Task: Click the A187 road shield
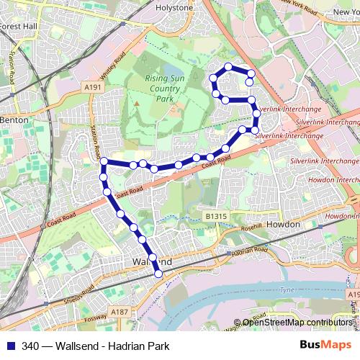point(120,312)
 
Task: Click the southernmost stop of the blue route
point(158,274)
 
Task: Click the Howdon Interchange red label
point(338,179)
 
